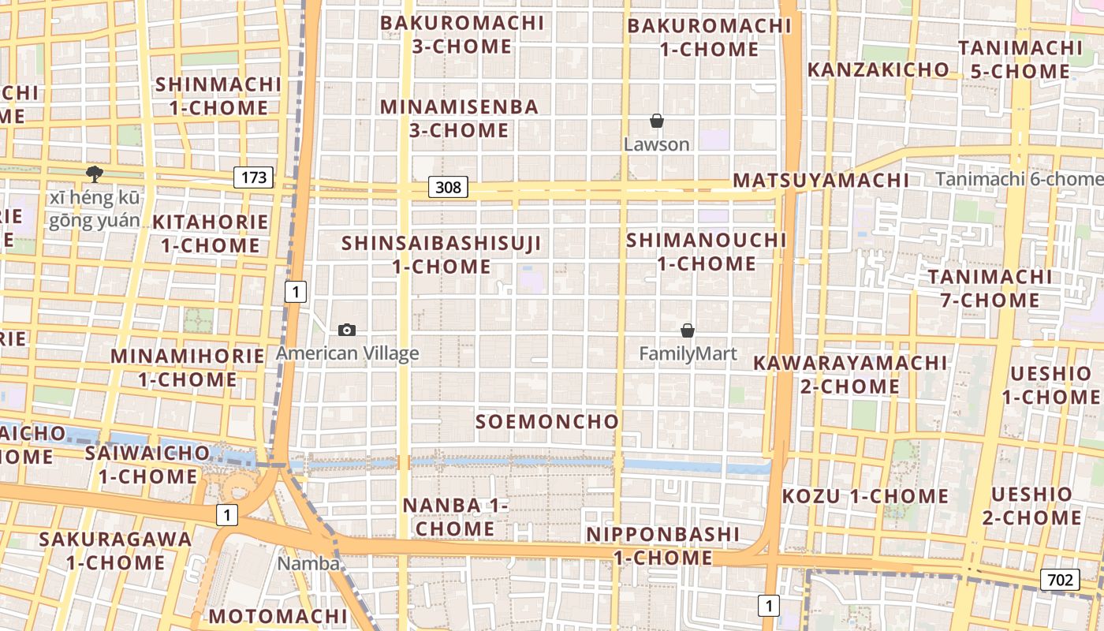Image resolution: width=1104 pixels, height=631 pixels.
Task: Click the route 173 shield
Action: (x=254, y=177)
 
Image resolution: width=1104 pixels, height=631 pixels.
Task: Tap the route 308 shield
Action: (x=448, y=187)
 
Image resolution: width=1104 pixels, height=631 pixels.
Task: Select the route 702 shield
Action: (x=1060, y=580)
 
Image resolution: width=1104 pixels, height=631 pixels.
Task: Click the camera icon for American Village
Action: (x=346, y=330)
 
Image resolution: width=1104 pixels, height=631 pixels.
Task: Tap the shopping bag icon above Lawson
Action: (x=656, y=121)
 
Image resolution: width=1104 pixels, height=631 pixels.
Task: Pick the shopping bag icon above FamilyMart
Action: (x=688, y=330)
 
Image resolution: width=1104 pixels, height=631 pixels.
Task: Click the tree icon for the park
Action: (x=95, y=174)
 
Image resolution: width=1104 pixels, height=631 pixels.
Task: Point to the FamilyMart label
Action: (x=688, y=354)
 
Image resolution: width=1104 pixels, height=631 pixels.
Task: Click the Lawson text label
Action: (x=656, y=144)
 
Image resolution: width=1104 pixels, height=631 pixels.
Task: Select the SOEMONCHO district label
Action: (x=547, y=421)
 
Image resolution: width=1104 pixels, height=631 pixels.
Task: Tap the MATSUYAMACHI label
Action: (x=821, y=180)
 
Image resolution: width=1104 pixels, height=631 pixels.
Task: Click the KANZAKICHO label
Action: (x=878, y=69)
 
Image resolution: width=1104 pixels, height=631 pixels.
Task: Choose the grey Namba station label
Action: (x=308, y=563)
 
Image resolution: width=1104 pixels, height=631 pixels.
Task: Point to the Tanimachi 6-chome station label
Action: (x=1019, y=179)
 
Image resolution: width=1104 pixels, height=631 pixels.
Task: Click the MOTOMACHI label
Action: (x=278, y=615)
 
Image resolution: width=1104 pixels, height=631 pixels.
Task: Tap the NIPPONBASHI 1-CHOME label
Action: (x=662, y=546)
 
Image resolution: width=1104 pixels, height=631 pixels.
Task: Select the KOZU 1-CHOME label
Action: (x=865, y=496)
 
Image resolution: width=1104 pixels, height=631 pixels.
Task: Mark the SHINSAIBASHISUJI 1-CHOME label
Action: (x=442, y=255)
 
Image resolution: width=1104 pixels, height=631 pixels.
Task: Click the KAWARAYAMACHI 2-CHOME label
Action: (x=849, y=375)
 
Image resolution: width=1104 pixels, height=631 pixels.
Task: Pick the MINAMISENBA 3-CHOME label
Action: (x=459, y=118)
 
